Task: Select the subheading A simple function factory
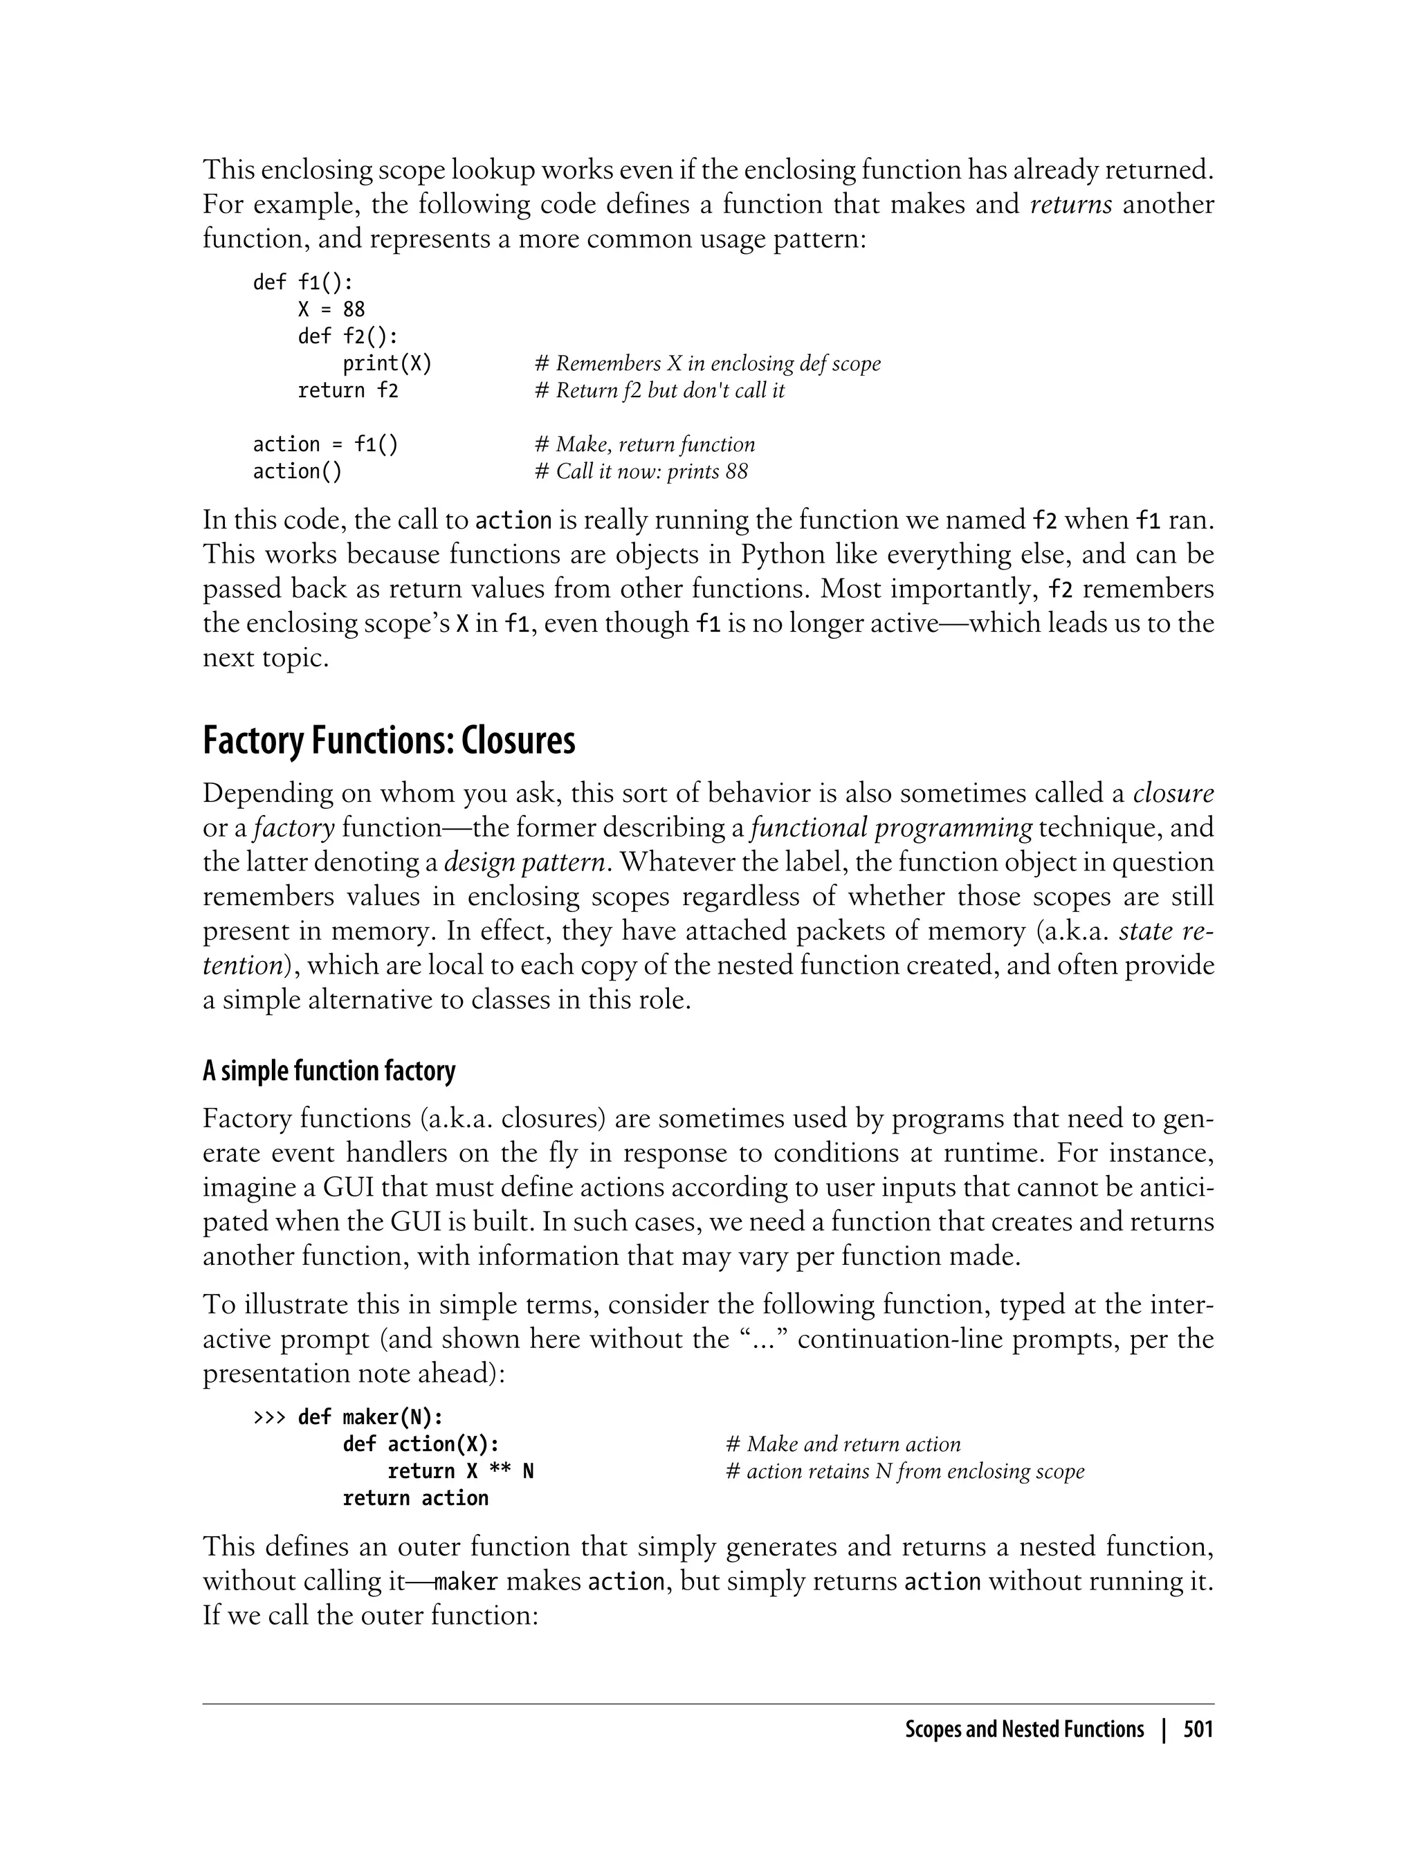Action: [x=329, y=1071]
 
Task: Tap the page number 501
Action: [x=1198, y=1729]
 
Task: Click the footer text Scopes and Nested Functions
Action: [x=1024, y=1729]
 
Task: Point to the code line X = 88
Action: [x=331, y=309]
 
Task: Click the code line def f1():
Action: [x=303, y=282]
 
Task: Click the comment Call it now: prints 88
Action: [x=641, y=471]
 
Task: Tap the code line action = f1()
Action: [x=326, y=444]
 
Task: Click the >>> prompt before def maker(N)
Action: [x=270, y=1417]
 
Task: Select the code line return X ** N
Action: [x=459, y=1471]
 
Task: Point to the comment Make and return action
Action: [x=843, y=1444]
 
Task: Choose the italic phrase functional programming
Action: [x=890, y=828]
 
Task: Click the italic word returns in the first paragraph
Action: [x=1071, y=204]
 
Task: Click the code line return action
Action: [x=415, y=1498]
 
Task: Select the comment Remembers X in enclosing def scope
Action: [x=708, y=363]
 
